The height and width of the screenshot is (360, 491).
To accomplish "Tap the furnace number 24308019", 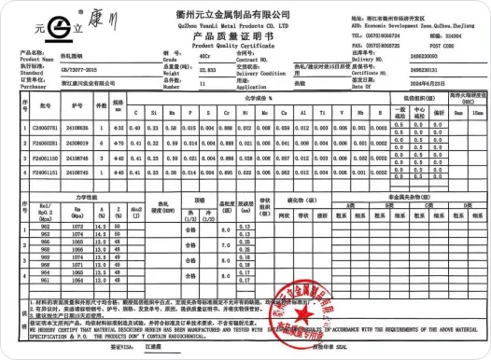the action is point(78,143).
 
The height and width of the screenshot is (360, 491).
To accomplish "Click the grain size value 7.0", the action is point(225,244).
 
